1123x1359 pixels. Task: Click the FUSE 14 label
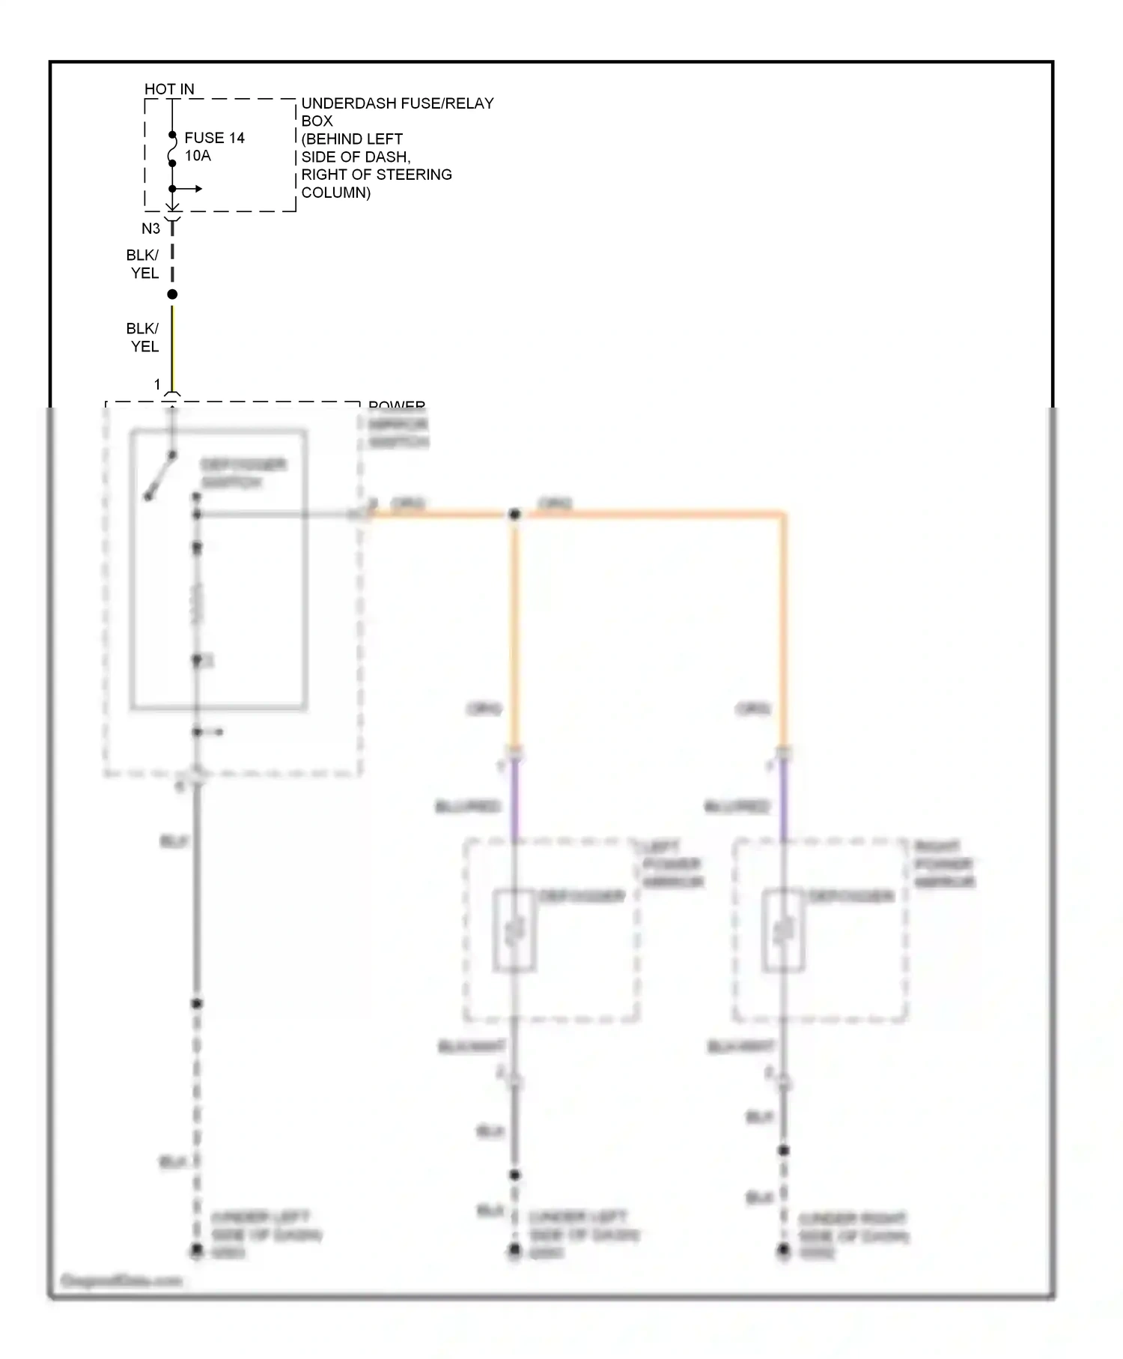click(x=214, y=138)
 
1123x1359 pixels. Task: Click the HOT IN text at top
click(x=169, y=89)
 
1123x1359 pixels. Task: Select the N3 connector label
click(x=150, y=228)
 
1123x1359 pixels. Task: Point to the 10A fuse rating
click(x=198, y=156)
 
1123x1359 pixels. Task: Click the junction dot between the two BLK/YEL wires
click(x=172, y=294)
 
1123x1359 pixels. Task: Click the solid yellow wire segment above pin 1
click(x=172, y=345)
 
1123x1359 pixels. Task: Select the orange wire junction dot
click(x=514, y=515)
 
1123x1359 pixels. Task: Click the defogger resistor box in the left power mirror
click(x=514, y=930)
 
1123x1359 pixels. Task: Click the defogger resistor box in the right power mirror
click(x=783, y=930)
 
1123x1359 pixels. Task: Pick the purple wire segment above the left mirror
click(x=514, y=798)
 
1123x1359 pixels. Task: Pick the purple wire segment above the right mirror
click(x=783, y=798)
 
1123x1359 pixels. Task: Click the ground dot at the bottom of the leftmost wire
click(x=197, y=1250)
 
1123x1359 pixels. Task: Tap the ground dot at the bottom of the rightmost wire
click(x=783, y=1250)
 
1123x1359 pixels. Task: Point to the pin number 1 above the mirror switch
click(x=157, y=384)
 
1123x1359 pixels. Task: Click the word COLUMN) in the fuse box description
click(x=335, y=193)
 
